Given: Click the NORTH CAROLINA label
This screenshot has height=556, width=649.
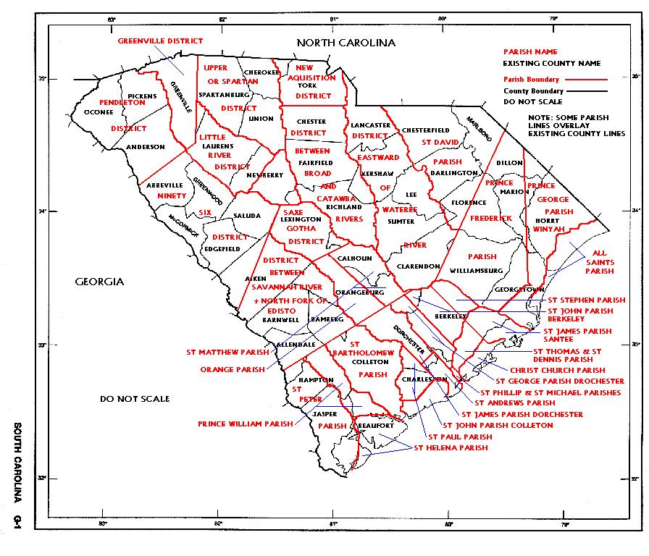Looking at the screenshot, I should [x=347, y=43].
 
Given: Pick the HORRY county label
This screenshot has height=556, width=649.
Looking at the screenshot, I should [x=549, y=220].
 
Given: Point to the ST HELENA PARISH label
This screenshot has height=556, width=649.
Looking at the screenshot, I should [x=451, y=448].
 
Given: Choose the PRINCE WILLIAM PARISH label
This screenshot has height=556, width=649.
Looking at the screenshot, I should [x=246, y=424].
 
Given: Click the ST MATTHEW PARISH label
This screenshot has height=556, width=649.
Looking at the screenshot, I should [x=227, y=353].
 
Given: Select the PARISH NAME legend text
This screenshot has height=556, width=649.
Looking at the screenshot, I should [x=530, y=52].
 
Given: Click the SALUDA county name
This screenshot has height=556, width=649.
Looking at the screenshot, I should [x=244, y=216].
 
